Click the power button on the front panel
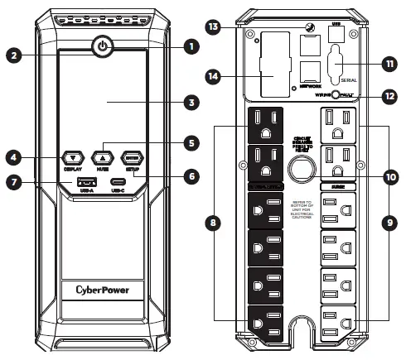(102, 46)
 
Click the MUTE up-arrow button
(103, 156)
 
